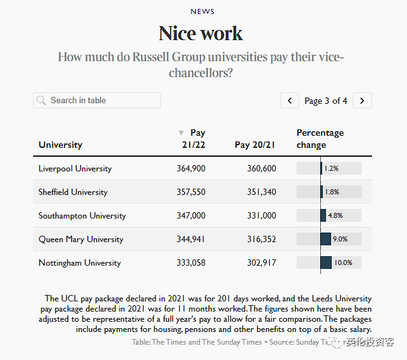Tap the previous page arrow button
tap(290, 101)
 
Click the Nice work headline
tap(201, 33)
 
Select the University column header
tap(61, 145)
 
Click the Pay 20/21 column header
tap(255, 145)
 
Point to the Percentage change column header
tap(320, 139)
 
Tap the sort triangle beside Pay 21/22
tap(181, 133)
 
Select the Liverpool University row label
tap(75, 169)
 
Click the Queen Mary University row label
tap(81, 240)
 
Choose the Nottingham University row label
tap(80, 263)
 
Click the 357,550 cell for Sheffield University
tap(191, 192)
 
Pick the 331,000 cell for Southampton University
tap(261, 216)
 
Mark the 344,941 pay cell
tap(191, 240)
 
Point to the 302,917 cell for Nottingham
tap(261, 263)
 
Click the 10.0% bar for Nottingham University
tap(326, 263)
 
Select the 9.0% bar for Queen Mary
tap(325, 239)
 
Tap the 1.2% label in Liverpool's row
tap(331, 169)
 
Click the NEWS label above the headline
tap(202, 11)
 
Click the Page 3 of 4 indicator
tap(326, 101)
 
